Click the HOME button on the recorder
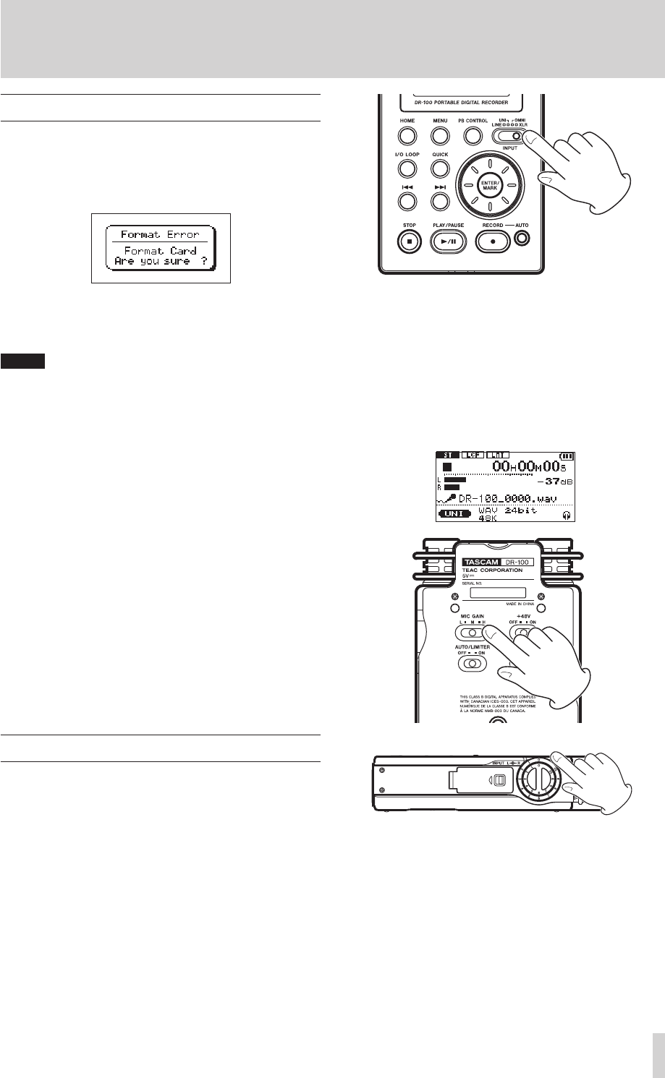[408, 135]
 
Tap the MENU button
[439, 135]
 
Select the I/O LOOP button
[408, 169]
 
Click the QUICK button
[439, 169]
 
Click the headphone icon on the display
[565, 515]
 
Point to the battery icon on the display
[565, 456]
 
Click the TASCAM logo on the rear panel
[486, 562]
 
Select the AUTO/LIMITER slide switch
[473, 663]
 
